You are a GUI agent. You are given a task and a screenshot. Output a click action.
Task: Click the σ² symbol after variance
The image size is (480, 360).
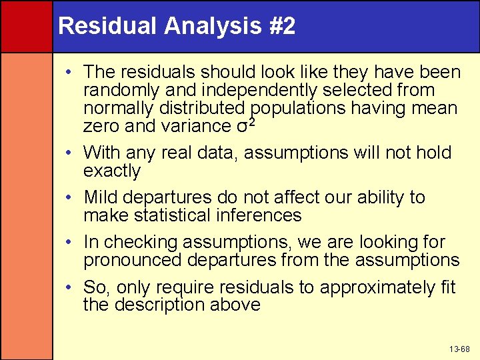coord(246,125)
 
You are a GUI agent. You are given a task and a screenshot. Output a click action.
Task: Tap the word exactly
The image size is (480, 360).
coord(112,171)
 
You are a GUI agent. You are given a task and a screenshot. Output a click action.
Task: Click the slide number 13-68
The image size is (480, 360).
coord(459,349)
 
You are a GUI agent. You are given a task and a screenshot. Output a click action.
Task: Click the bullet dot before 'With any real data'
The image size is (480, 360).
coord(69,153)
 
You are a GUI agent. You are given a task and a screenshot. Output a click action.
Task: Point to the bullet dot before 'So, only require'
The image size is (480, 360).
coord(69,288)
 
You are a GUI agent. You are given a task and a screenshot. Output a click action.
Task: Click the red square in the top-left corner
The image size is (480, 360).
coord(26,26)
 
